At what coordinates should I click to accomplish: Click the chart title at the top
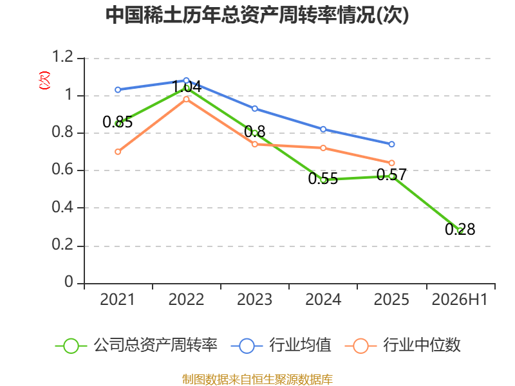pyautogui.click(x=257, y=15)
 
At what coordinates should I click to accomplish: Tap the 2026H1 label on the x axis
pyautogui.click(x=460, y=299)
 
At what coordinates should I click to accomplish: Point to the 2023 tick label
pyautogui.click(x=254, y=299)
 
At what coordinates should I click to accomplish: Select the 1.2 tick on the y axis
pyautogui.click(x=62, y=57)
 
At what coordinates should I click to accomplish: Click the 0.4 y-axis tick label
pyautogui.click(x=62, y=207)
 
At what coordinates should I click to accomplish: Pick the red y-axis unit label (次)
pyautogui.click(x=44, y=80)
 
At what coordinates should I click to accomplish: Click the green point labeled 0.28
pyautogui.click(x=460, y=230)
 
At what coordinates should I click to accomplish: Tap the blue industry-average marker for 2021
pyautogui.click(x=118, y=90)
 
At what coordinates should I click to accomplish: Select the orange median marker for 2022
pyautogui.click(x=186, y=99)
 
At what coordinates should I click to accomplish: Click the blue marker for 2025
pyautogui.click(x=391, y=144)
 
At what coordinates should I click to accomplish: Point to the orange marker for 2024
pyautogui.click(x=323, y=148)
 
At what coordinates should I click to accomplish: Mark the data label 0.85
pyautogui.click(x=118, y=122)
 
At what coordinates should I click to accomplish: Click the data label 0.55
pyautogui.click(x=323, y=179)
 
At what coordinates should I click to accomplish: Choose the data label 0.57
pyautogui.click(x=391, y=174)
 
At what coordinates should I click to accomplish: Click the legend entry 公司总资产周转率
pyautogui.click(x=136, y=345)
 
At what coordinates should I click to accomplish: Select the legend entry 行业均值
pyautogui.click(x=281, y=345)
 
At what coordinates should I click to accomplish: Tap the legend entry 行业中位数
pyautogui.click(x=403, y=345)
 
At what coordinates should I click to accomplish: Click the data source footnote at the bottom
pyautogui.click(x=257, y=379)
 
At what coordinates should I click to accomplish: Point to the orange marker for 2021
pyautogui.click(x=118, y=152)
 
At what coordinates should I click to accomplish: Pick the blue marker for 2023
pyautogui.click(x=254, y=109)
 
